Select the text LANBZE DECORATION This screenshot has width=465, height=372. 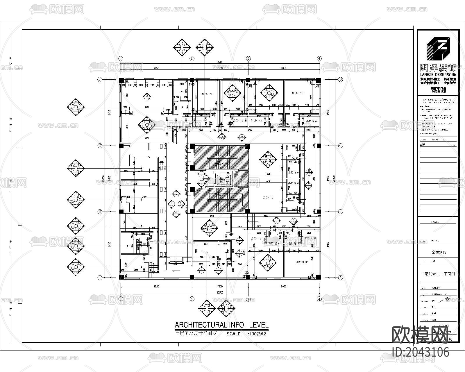(438, 74)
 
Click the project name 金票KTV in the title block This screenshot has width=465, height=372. (439, 253)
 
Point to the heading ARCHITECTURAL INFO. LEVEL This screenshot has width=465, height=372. (221, 325)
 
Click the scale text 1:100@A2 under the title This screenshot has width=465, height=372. (256, 334)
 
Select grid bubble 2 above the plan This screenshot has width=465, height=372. (192, 58)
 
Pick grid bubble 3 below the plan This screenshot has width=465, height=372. (248, 299)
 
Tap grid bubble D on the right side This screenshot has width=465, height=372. (341, 79)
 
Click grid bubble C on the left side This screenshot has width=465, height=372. (100, 146)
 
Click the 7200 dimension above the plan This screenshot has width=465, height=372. (220, 68)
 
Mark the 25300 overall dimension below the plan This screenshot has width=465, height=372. (220, 293)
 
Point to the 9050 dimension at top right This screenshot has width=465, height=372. (284, 68)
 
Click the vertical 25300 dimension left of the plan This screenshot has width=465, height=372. (103, 178)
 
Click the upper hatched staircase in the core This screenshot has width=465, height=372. (221, 157)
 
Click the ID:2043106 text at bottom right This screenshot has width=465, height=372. (421, 352)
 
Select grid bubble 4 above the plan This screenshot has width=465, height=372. (319, 58)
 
